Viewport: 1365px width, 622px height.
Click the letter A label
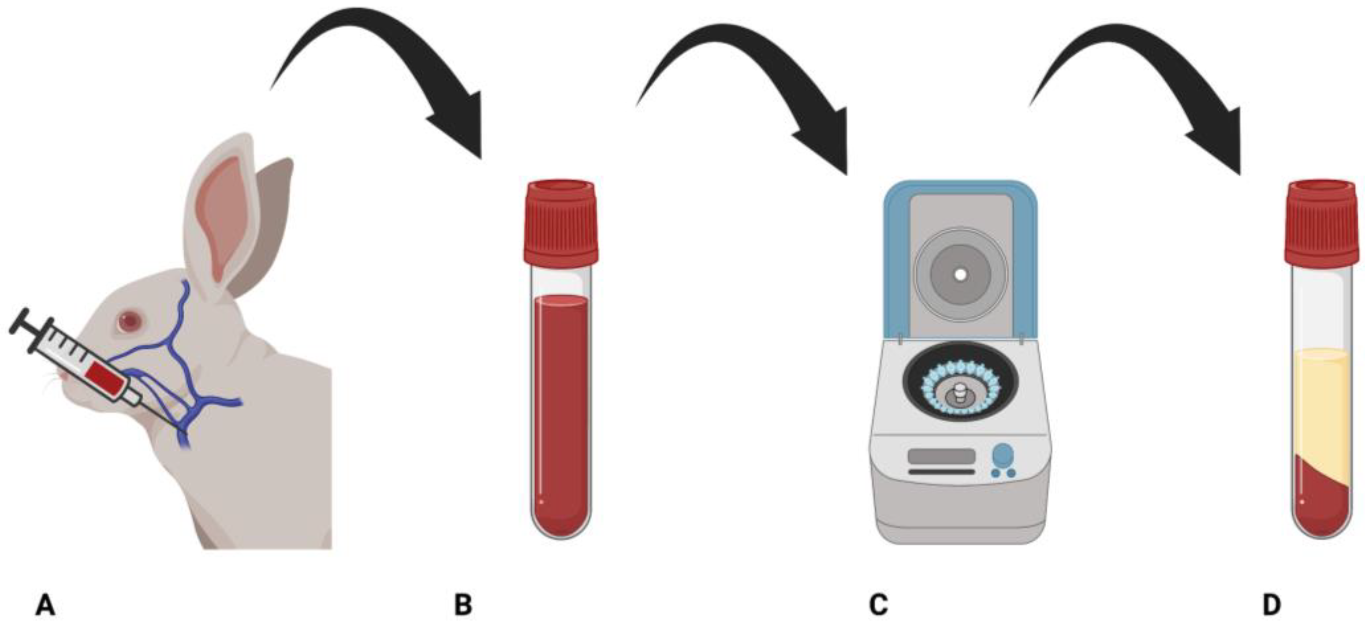click(45, 604)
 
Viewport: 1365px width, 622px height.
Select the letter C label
click(879, 604)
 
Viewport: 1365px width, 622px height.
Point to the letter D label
click(1272, 604)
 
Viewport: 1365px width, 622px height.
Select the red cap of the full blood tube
click(561, 223)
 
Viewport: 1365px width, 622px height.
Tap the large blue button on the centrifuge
click(1003, 454)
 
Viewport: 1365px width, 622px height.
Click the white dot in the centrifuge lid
click(960, 275)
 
